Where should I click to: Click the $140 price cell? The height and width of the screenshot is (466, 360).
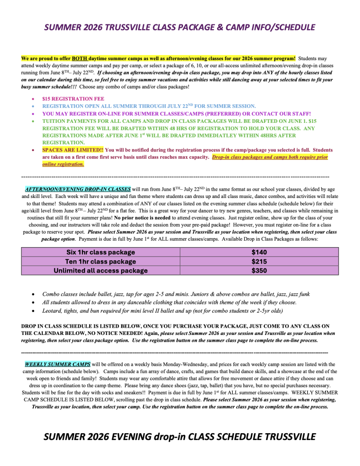tap(259, 252)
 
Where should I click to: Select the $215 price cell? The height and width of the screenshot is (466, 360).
tap(259, 261)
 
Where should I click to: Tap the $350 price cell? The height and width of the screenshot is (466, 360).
tap(259, 270)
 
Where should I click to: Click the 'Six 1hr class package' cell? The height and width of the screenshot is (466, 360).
tap(101, 252)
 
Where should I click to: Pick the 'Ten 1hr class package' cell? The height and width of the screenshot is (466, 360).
tap(101, 261)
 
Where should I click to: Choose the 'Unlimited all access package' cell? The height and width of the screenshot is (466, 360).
tap(101, 270)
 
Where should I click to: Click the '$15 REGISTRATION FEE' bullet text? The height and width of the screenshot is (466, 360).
tap(73, 99)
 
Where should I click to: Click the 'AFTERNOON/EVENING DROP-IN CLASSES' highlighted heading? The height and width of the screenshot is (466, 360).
tap(78, 188)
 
